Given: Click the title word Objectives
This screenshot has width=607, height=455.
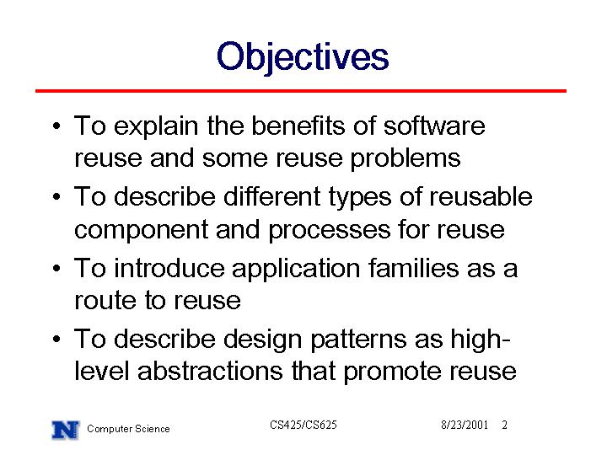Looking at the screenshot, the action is click(303, 57).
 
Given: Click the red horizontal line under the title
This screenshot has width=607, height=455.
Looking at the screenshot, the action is click(301, 91).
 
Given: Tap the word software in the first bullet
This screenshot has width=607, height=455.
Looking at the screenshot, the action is click(434, 126).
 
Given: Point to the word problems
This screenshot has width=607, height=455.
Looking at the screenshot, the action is click(406, 159).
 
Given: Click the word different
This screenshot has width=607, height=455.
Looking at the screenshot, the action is click(271, 196).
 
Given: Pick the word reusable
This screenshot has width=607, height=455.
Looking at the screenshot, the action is click(481, 196).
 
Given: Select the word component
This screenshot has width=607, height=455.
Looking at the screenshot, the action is click(142, 231).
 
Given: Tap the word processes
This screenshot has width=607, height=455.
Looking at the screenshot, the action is click(330, 231).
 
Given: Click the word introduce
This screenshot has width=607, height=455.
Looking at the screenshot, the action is click(169, 268).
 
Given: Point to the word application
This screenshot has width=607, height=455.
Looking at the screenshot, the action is click(296, 269).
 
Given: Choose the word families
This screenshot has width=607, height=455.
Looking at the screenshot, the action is click(413, 268).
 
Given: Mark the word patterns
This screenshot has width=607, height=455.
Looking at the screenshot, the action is click(358, 340).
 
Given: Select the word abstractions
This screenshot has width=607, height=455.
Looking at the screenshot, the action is click(210, 371).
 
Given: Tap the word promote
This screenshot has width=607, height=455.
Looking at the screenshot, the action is click(392, 372).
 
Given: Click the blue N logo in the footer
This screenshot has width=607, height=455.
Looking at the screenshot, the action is click(66, 430).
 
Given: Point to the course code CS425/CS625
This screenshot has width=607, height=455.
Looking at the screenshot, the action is click(303, 425).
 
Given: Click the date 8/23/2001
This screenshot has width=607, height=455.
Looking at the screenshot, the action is click(465, 425).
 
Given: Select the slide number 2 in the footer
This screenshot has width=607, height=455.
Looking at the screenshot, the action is click(504, 425).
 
